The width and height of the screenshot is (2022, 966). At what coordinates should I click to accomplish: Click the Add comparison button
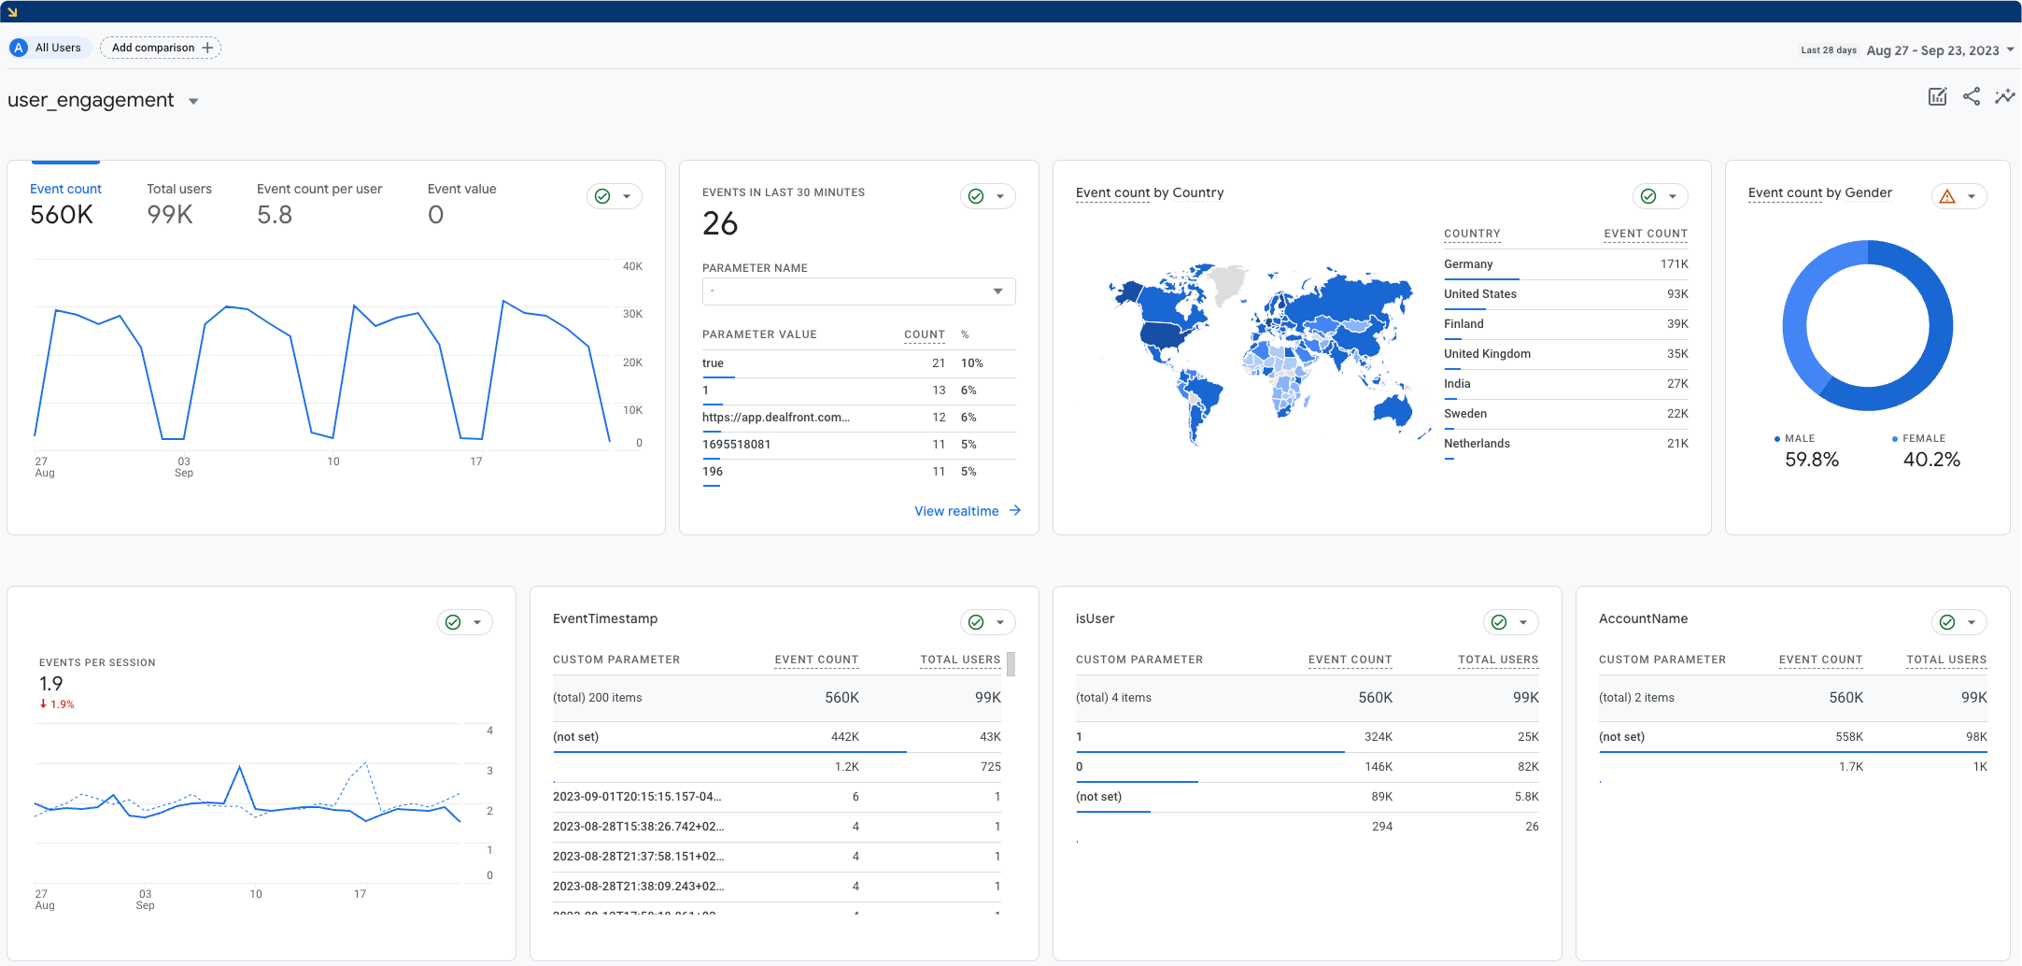[161, 48]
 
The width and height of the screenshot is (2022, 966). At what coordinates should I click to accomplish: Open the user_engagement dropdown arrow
[193, 101]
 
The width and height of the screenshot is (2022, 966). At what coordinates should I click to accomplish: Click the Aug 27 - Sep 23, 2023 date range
[1932, 50]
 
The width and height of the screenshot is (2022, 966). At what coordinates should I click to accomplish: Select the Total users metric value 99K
[170, 215]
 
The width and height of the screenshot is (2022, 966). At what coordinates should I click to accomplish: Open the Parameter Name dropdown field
[858, 291]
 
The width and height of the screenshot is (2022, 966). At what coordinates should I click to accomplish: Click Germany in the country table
[1468, 264]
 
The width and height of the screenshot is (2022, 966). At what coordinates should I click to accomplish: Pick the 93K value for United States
[1677, 294]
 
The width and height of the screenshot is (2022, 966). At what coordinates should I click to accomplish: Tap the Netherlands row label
[1477, 444]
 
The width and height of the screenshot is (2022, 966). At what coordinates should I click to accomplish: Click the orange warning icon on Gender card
[1947, 196]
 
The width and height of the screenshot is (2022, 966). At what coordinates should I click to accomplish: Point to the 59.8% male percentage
[1812, 460]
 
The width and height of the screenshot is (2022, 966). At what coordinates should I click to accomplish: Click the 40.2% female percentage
[1931, 460]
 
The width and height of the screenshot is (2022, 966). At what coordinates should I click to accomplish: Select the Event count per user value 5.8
[275, 215]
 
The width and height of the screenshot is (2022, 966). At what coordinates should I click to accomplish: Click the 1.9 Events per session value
[51, 684]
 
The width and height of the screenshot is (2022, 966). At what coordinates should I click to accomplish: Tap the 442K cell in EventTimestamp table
[844, 737]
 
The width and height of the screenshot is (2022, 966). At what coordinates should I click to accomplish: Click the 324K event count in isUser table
[1378, 737]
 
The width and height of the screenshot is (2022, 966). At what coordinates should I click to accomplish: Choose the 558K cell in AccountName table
[1848, 737]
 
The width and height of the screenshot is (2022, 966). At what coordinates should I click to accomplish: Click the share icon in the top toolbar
[1972, 96]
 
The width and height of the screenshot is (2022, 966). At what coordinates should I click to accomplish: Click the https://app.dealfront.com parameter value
[775, 418]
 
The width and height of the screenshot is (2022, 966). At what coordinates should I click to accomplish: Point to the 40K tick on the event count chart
[632, 266]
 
